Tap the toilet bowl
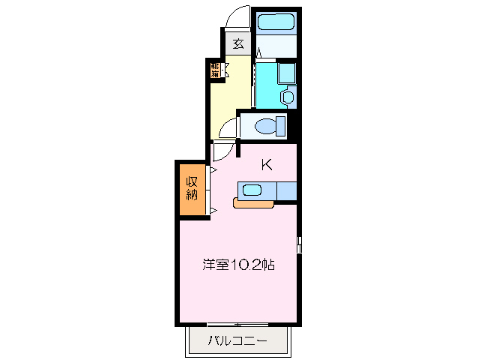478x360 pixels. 263,125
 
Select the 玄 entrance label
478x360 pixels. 238,43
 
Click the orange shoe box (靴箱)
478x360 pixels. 216,70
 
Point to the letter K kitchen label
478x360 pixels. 266,164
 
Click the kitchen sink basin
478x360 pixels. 252,190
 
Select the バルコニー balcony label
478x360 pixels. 238,341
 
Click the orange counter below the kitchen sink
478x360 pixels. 255,202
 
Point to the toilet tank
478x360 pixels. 281,125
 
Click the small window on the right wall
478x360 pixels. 299,244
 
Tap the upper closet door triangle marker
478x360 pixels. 213,172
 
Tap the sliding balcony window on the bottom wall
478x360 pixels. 238,324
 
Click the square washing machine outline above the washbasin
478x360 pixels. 286,73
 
